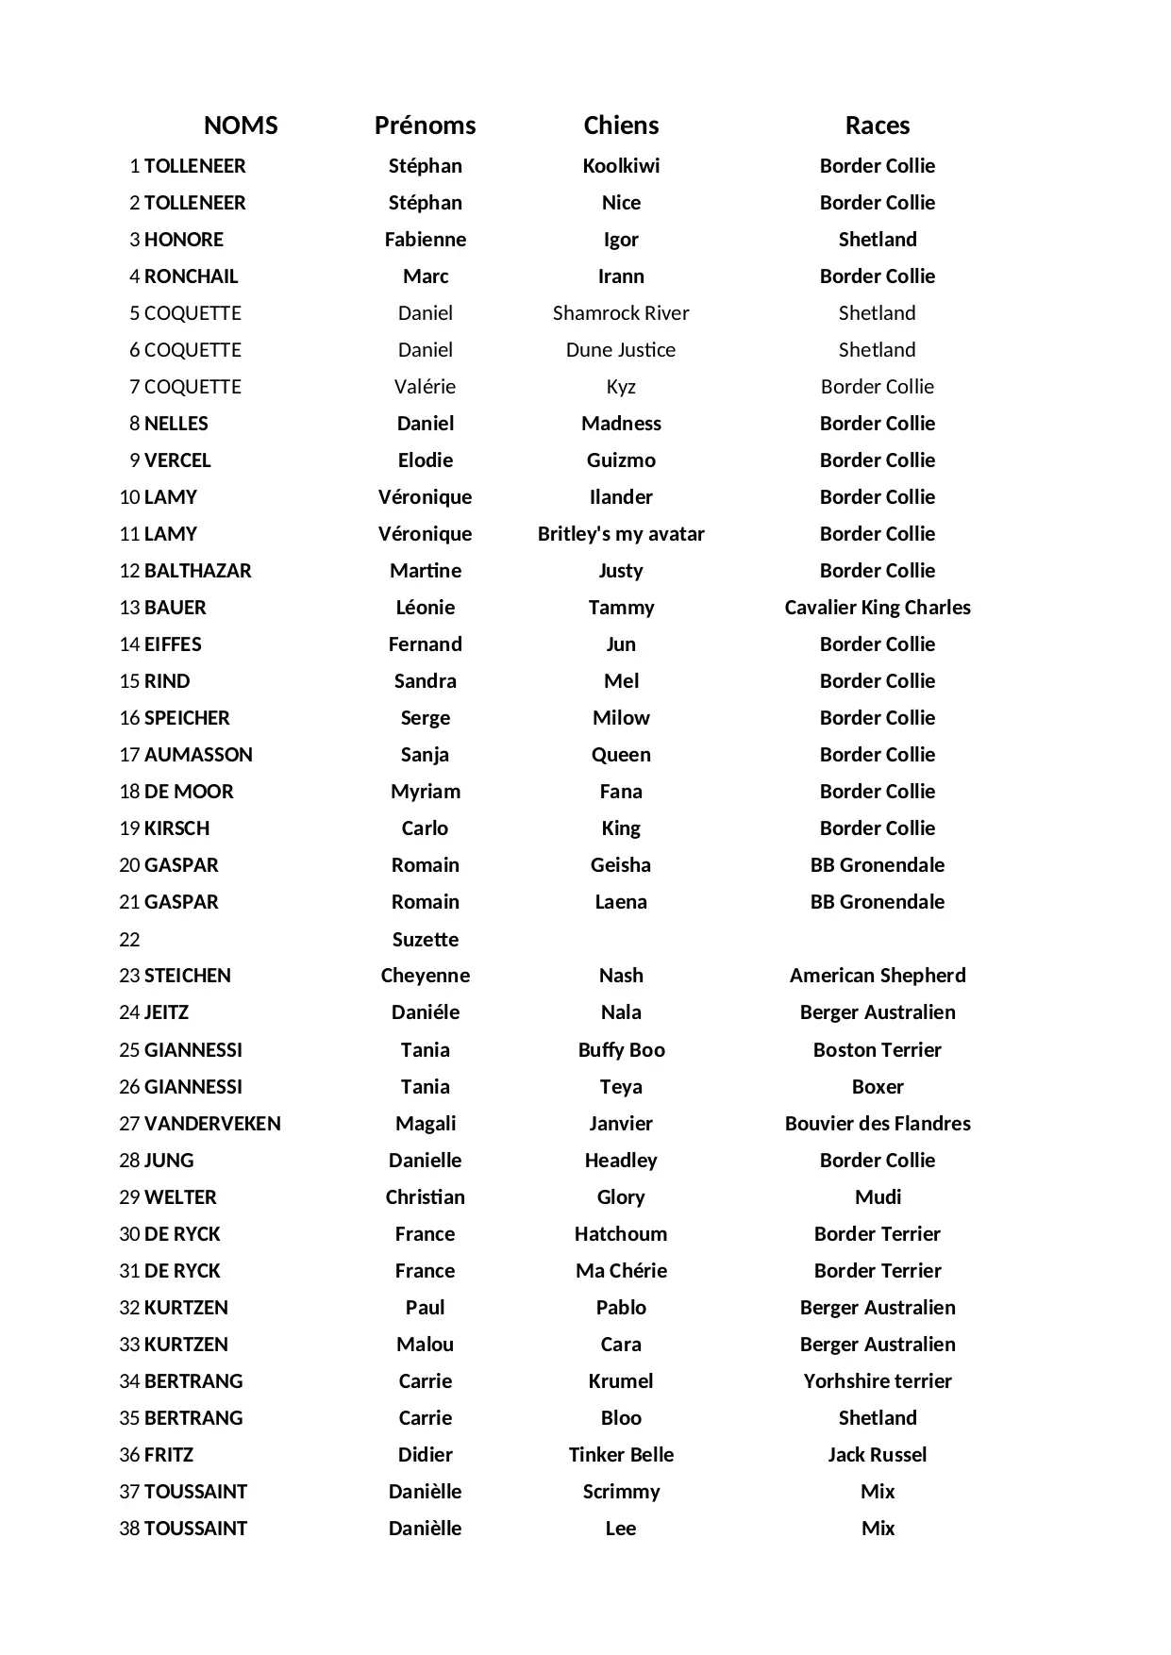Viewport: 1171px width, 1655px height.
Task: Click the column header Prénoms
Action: pyautogui.click(x=425, y=125)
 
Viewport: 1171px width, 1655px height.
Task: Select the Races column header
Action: pyautogui.click(x=877, y=125)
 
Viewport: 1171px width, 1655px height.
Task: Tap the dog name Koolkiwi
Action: pyautogui.click(x=621, y=166)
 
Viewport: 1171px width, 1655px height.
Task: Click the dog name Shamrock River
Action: pyautogui.click(x=621, y=313)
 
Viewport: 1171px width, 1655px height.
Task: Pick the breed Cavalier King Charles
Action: pyautogui.click(x=877, y=608)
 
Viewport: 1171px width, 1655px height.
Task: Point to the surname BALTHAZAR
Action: pyautogui.click(x=197, y=571)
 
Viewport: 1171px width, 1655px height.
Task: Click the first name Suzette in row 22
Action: pyautogui.click(x=425, y=940)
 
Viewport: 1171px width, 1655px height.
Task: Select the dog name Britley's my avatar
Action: pyautogui.click(x=621, y=534)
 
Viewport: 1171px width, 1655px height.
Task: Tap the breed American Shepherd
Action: pyautogui.click(x=877, y=976)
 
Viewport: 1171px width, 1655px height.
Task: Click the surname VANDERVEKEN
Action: pyautogui.click(x=212, y=1124)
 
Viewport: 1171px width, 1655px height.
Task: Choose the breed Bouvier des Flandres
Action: pyautogui.click(x=877, y=1124)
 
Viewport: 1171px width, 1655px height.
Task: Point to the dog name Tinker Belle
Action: pyautogui.click(x=621, y=1455)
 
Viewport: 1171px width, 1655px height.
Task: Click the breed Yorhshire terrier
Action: pyautogui.click(x=877, y=1381)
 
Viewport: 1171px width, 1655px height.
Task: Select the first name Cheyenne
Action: pyautogui.click(x=425, y=976)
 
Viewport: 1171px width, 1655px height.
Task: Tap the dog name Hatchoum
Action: pyautogui.click(x=621, y=1234)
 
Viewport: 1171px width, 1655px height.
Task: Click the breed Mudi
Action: pyautogui.click(x=877, y=1197)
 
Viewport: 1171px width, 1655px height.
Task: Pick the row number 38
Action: pyautogui.click(x=129, y=1529)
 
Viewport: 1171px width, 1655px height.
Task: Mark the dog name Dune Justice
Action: pyautogui.click(x=621, y=350)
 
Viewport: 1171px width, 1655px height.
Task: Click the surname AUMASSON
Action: pyautogui.click(x=198, y=755)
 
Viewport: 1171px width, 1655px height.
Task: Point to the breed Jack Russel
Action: pyautogui.click(x=877, y=1455)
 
